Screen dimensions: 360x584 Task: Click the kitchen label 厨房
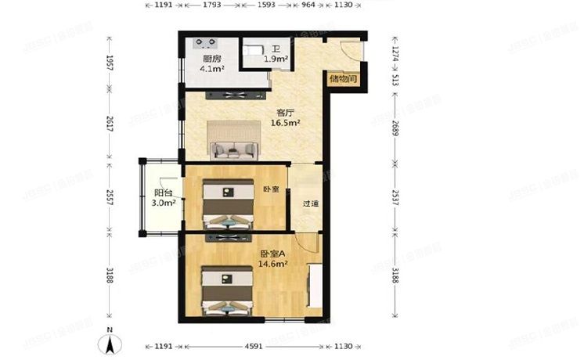point(211,59)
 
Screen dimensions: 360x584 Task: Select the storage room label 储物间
point(344,78)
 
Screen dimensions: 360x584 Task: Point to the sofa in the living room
point(233,145)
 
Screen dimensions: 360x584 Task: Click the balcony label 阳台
point(163,193)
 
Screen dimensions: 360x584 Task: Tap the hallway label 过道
point(311,203)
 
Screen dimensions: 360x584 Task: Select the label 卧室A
point(273,254)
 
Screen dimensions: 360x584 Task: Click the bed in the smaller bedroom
point(228,205)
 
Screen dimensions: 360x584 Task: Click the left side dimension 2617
point(110,127)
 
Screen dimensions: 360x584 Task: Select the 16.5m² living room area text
point(287,123)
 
